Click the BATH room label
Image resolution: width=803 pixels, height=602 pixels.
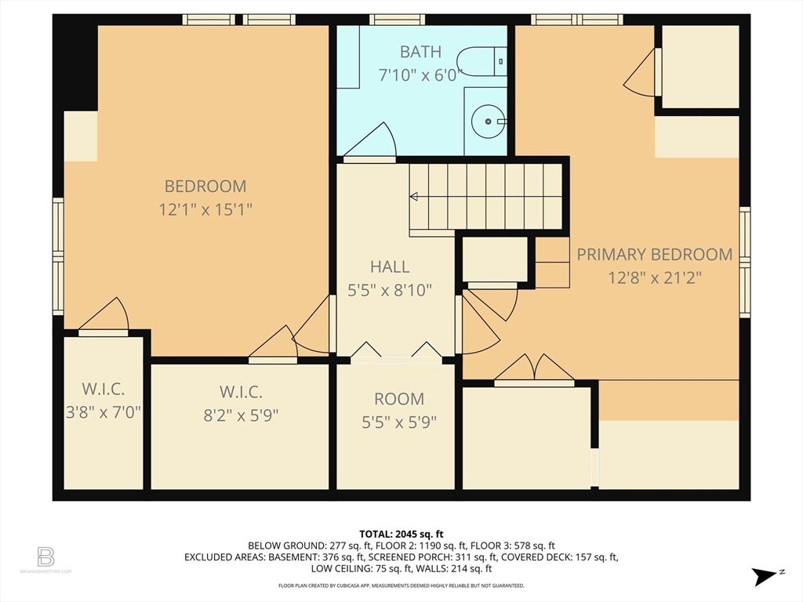(420, 53)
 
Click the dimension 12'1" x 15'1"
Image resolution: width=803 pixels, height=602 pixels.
(205, 209)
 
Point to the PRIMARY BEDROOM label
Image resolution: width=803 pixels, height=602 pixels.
(654, 254)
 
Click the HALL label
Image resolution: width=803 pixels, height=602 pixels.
(390, 267)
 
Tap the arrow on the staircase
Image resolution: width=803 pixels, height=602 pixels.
(414, 196)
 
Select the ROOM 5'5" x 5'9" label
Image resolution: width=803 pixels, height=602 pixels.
(398, 398)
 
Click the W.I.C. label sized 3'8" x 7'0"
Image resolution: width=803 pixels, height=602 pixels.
(103, 389)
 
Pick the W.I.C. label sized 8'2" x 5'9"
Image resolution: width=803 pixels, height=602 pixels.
(239, 392)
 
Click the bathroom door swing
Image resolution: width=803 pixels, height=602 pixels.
(373, 142)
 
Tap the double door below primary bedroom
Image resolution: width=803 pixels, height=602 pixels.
(534, 369)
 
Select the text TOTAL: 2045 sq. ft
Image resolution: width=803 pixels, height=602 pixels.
(401, 532)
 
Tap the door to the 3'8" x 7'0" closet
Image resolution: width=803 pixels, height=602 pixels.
(106, 317)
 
